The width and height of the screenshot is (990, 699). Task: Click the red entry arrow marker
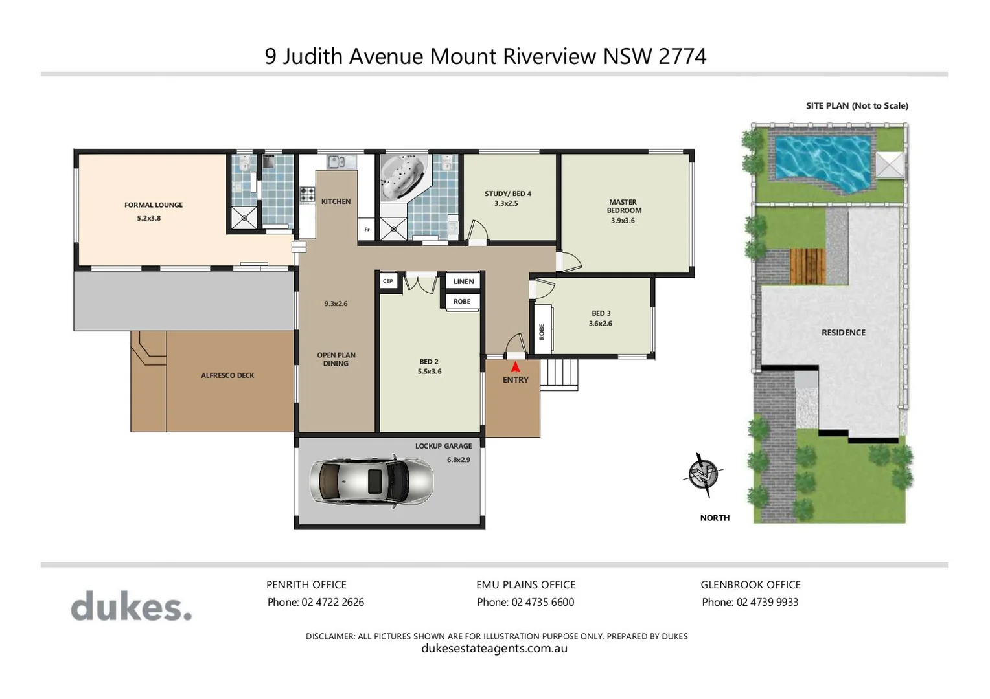pyautogui.click(x=515, y=366)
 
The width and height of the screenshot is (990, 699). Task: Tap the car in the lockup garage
pyautogui.click(x=371, y=481)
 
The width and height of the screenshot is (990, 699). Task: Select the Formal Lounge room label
pyautogui.click(x=154, y=205)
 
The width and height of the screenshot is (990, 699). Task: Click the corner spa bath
pyautogui.click(x=403, y=176)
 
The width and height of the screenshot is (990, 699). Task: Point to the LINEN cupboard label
pyautogui.click(x=463, y=282)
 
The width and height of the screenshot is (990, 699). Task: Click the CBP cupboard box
pyautogui.click(x=388, y=282)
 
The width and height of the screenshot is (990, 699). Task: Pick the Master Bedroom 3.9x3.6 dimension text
pyautogui.click(x=623, y=221)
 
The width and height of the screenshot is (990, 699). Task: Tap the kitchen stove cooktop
pyautogui.click(x=307, y=194)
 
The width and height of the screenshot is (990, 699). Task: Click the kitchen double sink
pyautogui.click(x=341, y=162)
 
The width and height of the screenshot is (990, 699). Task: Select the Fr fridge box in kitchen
pyautogui.click(x=367, y=230)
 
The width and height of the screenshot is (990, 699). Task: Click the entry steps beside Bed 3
pyautogui.click(x=558, y=374)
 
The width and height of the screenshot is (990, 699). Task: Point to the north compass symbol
pyautogui.click(x=704, y=474)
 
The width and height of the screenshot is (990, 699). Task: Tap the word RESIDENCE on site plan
pyautogui.click(x=843, y=333)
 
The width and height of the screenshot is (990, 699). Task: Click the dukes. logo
pyautogui.click(x=131, y=606)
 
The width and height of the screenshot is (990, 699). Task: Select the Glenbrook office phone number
pyautogui.click(x=767, y=602)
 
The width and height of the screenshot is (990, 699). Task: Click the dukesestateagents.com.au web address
pyautogui.click(x=494, y=649)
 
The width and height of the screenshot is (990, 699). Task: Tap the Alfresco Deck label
pyautogui.click(x=227, y=375)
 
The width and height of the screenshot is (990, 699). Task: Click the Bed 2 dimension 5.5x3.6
pyautogui.click(x=430, y=372)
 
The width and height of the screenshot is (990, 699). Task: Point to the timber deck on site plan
pyautogui.click(x=807, y=266)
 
